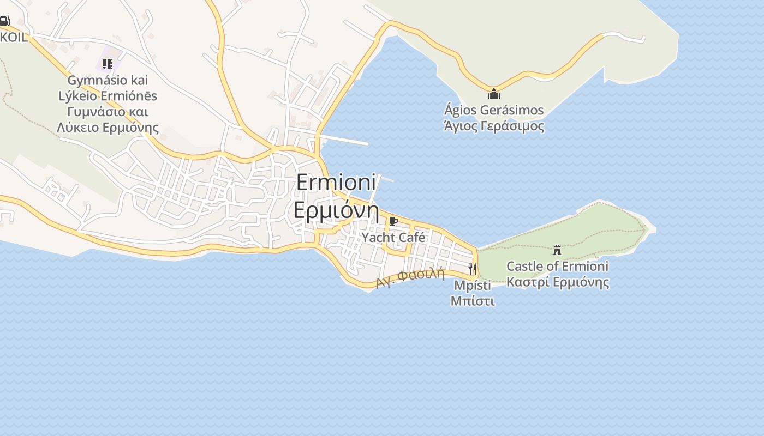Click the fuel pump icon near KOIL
click(4, 22)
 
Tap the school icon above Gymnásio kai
click(108, 64)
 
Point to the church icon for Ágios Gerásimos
click(494, 94)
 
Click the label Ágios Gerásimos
click(494, 110)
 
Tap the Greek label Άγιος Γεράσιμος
click(494, 126)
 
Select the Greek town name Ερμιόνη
click(337, 210)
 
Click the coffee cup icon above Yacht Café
click(393, 221)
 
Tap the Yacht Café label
click(393, 238)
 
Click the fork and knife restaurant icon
click(472, 269)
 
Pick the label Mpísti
click(472, 285)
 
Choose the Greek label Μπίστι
click(473, 301)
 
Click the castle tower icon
click(557, 250)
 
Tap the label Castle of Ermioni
click(557, 267)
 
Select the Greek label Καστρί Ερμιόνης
click(557, 283)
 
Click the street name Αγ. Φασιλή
click(410, 278)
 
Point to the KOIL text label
click(13, 37)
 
